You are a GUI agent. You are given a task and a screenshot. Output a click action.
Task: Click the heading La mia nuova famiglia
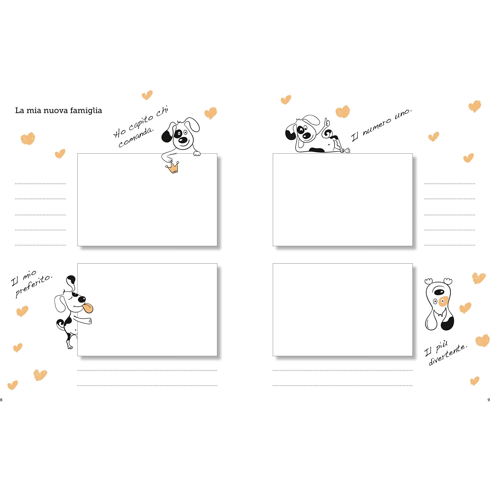59,111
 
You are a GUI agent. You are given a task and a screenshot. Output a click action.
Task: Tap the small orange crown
172,168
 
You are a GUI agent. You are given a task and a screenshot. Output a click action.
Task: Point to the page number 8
1,400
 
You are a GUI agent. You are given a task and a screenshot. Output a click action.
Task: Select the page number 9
488,400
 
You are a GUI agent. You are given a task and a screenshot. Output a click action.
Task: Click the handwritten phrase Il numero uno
382,126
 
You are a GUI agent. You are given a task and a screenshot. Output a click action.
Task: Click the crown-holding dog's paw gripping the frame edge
197,153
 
